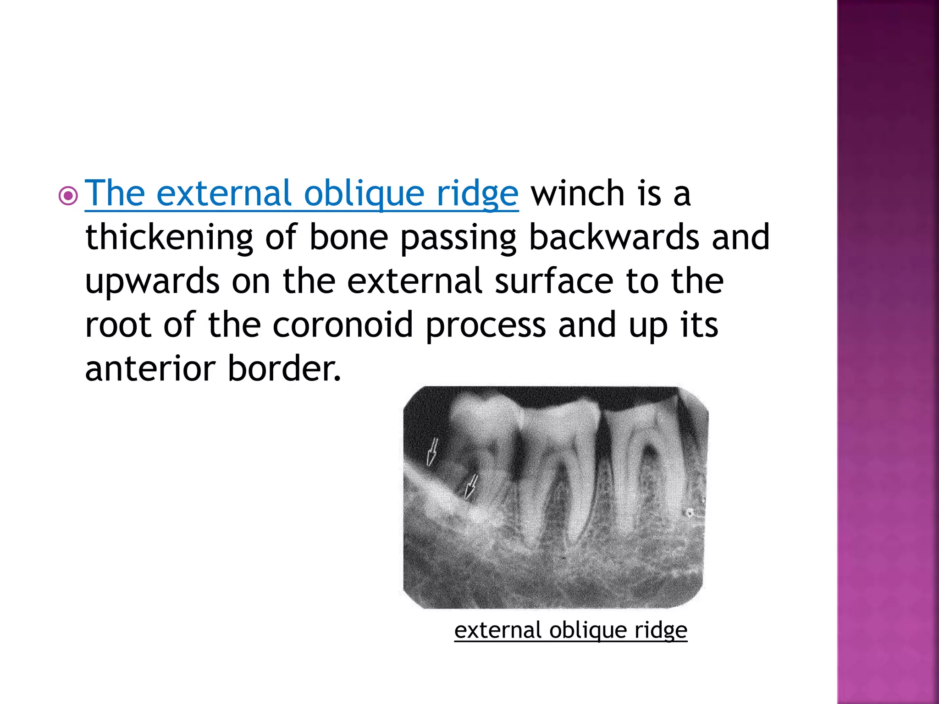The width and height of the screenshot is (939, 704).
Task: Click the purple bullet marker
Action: coord(68,196)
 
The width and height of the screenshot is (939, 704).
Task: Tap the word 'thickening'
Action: coord(169,237)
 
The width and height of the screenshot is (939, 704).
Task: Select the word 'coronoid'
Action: coord(343,325)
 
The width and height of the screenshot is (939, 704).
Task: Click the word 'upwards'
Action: coord(152,282)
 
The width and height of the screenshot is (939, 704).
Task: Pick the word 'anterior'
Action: coord(150,368)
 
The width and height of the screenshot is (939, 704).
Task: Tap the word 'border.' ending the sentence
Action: coord(284,368)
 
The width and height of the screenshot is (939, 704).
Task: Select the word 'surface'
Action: coord(554,281)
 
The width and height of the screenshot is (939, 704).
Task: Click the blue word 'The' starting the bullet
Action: coord(115,193)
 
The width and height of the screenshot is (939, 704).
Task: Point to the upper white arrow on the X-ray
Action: coord(432,452)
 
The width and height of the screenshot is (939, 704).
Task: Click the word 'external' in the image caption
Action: coord(497,630)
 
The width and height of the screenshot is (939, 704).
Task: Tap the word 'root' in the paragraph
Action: coord(118,325)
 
